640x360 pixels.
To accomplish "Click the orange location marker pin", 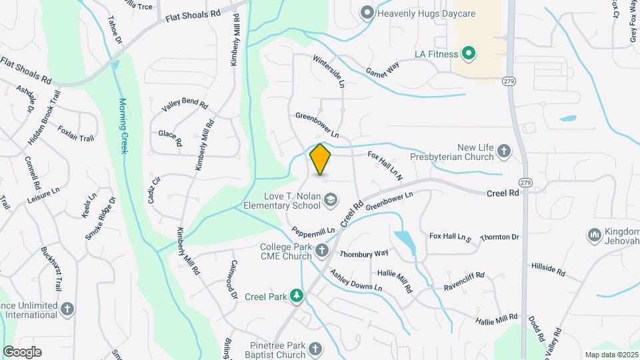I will click(x=321, y=159).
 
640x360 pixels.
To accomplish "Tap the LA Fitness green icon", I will click(x=468, y=54).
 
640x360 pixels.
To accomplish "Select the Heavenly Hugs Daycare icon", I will click(x=366, y=13).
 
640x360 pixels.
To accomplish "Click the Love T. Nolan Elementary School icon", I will click(x=330, y=199).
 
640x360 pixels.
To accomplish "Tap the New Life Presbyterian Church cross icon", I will click(x=504, y=152).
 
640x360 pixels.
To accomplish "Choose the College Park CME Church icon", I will click(x=322, y=251).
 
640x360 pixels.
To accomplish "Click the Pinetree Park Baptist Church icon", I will click(x=314, y=349).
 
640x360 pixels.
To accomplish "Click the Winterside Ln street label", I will click(x=329, y=71).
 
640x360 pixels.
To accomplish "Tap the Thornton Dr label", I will click(x=499, y=237).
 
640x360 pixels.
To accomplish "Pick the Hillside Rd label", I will click(x=548, y=269).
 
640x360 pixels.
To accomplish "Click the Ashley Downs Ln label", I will click(x=355, y=280).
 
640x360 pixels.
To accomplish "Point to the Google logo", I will click(x=22, y=352).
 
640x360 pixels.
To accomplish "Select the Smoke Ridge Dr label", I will click(x=100, y=219).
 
